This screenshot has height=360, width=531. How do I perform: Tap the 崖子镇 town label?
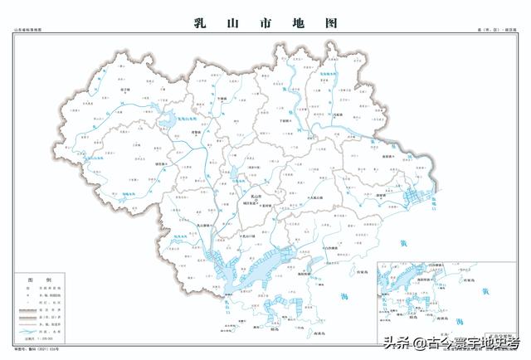pyautogui.click(x=126, y=88)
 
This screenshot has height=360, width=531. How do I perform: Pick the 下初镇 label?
pyautogui.click(x=286, y=120)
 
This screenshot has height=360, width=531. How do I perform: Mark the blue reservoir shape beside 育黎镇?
pyautogui.click(x=168, y=121)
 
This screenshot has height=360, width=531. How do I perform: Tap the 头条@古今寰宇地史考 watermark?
pyautogui.click(x=449, y=342)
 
